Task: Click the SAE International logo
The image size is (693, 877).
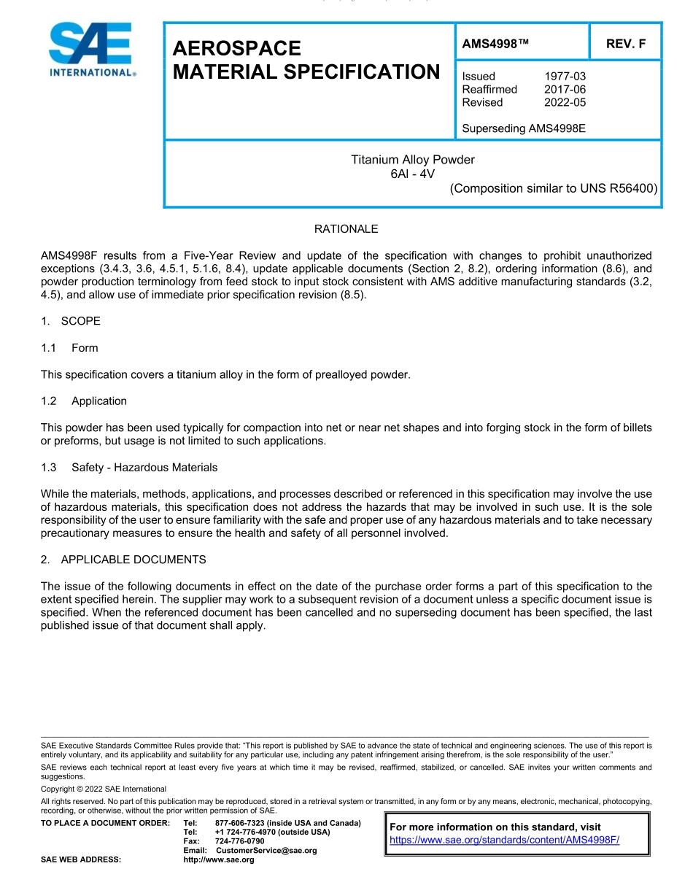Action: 90,50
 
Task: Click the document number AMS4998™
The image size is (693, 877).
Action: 495,44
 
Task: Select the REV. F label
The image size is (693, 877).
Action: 626,44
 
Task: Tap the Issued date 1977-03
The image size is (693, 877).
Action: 565,77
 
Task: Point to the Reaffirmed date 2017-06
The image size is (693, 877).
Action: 565,90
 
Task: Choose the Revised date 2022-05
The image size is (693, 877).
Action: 565,103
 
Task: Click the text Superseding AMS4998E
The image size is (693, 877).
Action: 524,128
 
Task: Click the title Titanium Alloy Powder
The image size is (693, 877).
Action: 413,160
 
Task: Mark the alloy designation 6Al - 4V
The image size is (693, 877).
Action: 413,174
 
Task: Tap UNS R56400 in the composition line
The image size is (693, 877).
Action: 619,188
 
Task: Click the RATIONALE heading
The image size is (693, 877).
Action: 346,229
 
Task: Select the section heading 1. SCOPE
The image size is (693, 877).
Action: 71,321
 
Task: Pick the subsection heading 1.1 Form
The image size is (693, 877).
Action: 69,348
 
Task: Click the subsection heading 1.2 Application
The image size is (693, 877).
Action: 84,401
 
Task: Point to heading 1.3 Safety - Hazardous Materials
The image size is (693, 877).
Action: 129,467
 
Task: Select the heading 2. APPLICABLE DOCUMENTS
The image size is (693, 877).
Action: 123,560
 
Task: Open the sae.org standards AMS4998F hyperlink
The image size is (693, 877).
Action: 504,840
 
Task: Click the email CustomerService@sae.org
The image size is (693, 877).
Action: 266,851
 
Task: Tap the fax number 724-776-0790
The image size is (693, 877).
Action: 240,841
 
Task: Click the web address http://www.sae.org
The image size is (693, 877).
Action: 218,860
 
